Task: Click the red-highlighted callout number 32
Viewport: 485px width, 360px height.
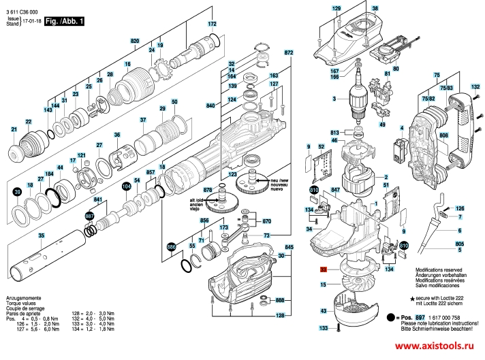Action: (x=324, y=270)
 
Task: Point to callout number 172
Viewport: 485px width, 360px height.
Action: (x=212, y=24)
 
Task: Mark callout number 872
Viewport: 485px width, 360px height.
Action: (x=288, y=52)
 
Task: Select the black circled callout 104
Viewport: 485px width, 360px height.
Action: (x=126, y=186)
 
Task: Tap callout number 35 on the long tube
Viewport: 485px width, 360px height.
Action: (x=42, y=235)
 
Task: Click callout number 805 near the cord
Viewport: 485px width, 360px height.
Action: (x=460, y=244)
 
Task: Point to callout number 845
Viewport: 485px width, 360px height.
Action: (x=289, y=246)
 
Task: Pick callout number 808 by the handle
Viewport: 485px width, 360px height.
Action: (x=443, y=136)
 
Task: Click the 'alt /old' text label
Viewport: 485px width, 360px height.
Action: (x=198, y=201)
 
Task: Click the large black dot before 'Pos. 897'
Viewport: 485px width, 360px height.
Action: (x=392, y=318)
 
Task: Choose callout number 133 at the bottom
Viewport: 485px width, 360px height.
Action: (x=324, y=328)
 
